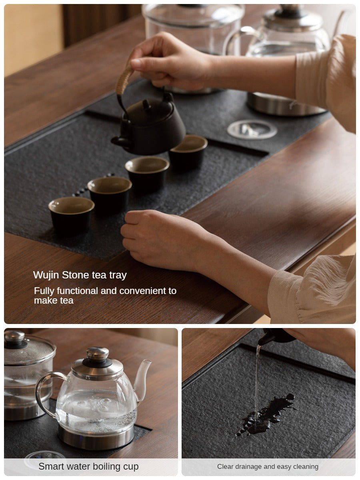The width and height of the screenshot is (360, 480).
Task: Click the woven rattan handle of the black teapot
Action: (124, 80)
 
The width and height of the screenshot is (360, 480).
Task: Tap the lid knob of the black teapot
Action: (146, 104)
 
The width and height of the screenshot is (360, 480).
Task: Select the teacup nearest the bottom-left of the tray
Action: (71, 214)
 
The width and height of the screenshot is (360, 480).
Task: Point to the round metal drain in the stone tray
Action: (252, 130)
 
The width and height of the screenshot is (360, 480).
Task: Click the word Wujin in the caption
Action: (46, 275)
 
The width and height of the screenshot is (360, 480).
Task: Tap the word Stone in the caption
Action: (76, 275)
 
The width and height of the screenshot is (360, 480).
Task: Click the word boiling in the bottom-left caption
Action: (108, 466)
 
